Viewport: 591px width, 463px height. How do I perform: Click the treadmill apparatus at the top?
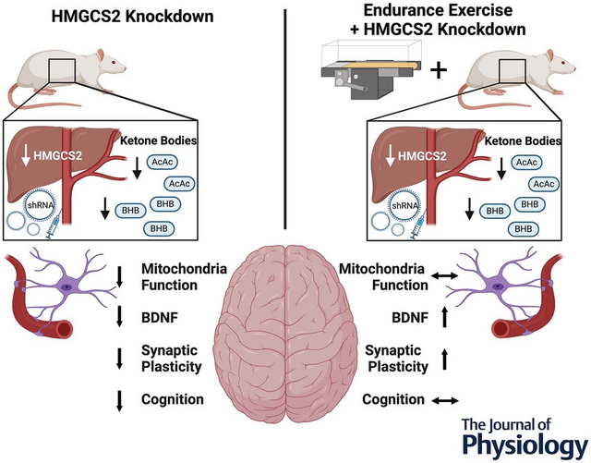[361, 66]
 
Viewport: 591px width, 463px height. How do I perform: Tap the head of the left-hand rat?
[114, 68]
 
